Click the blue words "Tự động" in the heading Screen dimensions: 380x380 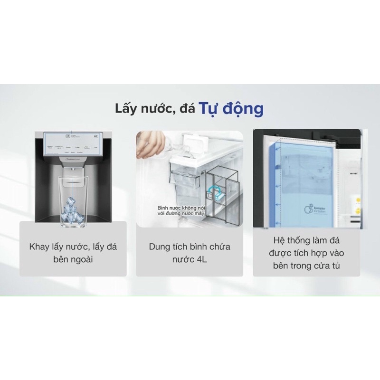230,109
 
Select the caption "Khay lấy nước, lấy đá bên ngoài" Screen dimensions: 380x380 73,254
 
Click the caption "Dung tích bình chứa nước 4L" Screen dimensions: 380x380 189,254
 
